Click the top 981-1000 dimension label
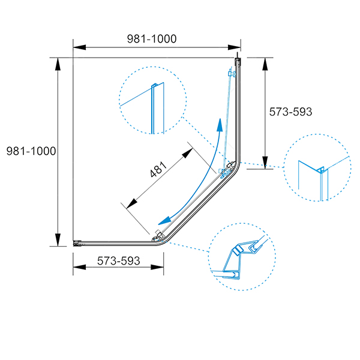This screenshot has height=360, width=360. pos(152,39)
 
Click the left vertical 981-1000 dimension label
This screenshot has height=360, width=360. pos(31,151)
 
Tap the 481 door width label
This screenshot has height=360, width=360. pos(158,169)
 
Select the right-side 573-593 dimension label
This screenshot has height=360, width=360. pos(290,112)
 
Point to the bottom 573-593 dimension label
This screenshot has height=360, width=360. pos(118,261)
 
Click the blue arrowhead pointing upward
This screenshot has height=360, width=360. pos(220,125)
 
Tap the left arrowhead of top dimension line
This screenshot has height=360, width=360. pos(79,47)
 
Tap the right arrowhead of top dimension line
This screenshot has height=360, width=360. pos(234,47)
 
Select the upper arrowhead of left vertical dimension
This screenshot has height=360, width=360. pos(58,64)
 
